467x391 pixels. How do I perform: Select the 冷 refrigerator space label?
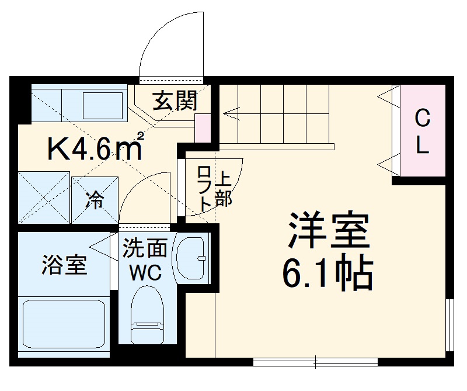click(95, 200)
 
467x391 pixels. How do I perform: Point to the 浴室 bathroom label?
click(64, 265)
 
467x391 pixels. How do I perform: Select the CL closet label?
click(422, 132)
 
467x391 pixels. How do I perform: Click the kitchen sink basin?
click(102, 105)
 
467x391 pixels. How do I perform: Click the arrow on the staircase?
click(231, 112)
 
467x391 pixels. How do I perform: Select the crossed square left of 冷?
click(43, 197)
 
